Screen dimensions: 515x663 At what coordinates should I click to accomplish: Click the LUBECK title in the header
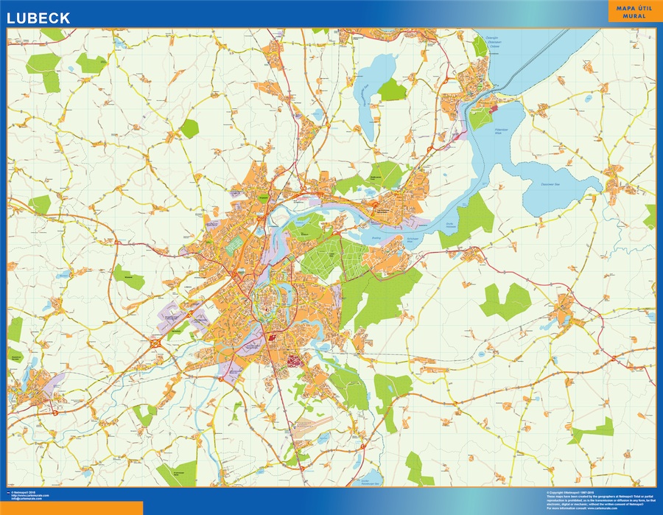click(40, 17)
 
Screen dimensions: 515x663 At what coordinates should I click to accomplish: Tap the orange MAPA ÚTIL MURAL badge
click(628, 12)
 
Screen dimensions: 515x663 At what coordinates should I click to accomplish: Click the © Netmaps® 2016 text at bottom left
click(26, 491)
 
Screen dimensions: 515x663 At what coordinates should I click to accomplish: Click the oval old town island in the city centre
click(267, 302)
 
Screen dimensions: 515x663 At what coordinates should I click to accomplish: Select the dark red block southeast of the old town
click(294, 361)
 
